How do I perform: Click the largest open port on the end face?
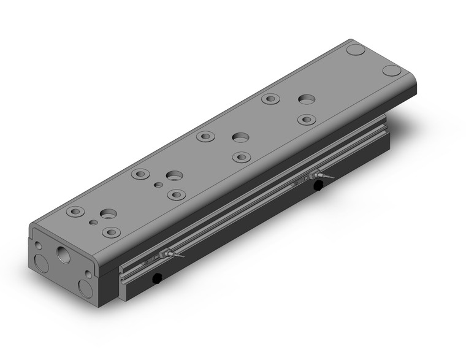(63, 254)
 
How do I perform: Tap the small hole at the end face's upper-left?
(39, 245)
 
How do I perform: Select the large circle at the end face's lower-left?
(42, 264)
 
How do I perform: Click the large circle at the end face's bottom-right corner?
(86, 288)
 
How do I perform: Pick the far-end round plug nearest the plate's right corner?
(392, 70)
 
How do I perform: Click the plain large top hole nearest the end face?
(109, 214)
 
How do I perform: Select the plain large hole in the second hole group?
(175, 175)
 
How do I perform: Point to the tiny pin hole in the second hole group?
(158, 184)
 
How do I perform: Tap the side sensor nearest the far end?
(315, 176)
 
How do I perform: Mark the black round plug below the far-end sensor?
(318, 186)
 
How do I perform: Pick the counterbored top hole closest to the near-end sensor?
(111, 232)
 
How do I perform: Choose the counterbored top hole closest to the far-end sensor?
(306, 119)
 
